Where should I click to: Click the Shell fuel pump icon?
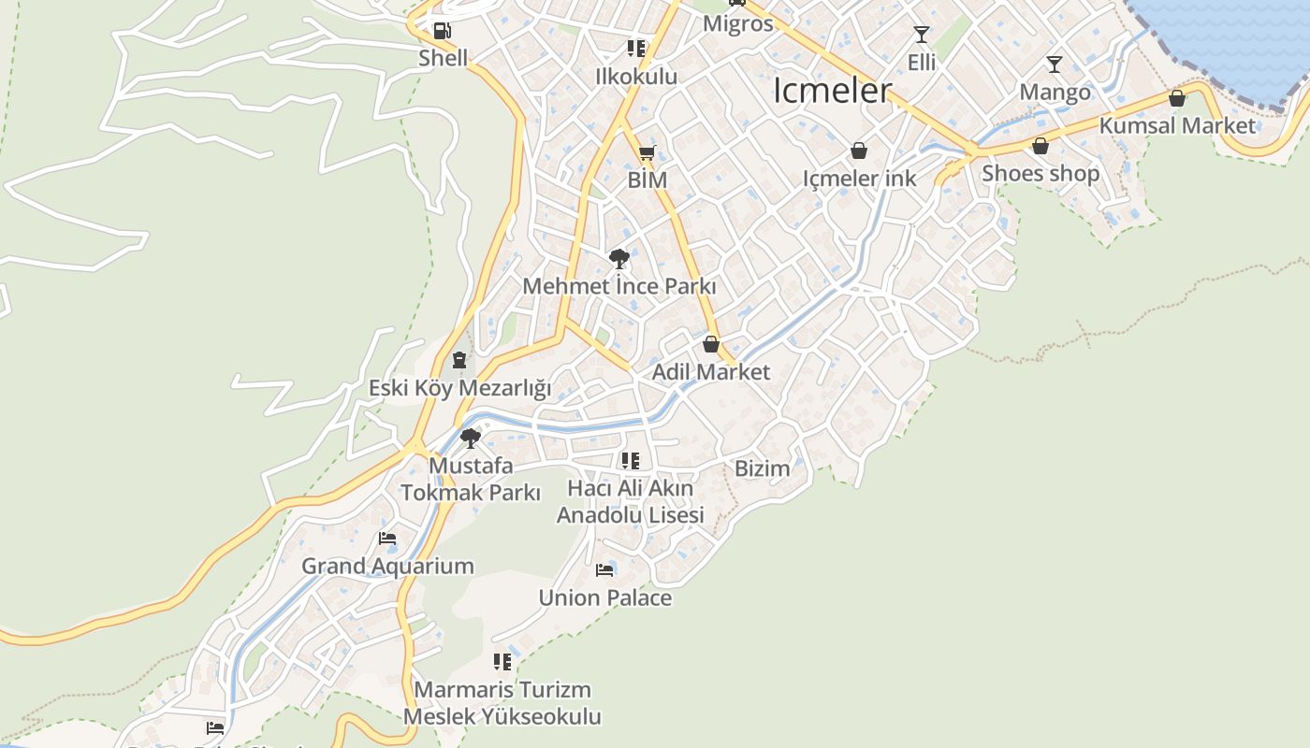443,31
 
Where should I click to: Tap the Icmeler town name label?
833,91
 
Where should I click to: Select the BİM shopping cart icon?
647,153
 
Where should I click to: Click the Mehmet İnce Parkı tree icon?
619,259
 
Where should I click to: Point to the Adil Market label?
711,371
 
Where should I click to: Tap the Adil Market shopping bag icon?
711,344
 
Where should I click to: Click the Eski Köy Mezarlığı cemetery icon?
458,360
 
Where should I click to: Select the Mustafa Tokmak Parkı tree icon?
471,438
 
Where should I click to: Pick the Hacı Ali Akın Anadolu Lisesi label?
631,501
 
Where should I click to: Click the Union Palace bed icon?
604,569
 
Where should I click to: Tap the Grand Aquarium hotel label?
387,566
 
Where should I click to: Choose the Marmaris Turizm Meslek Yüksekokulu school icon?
502,662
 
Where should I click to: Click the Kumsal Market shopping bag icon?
1177,98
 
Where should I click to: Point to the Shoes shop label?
1041,173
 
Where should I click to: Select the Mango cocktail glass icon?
1055,65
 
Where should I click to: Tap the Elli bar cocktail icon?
922,35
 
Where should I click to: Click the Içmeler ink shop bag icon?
859,151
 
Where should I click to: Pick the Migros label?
738,23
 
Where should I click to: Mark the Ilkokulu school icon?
636,48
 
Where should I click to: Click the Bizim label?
763,468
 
